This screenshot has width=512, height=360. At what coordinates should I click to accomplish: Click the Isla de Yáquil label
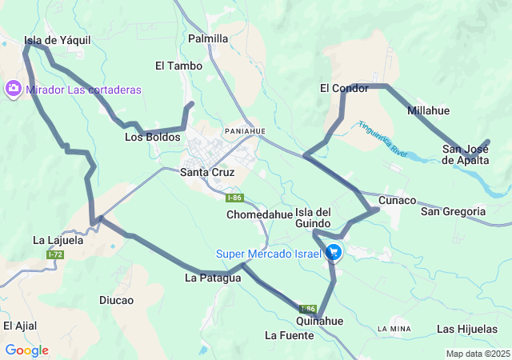[x=57, y=40]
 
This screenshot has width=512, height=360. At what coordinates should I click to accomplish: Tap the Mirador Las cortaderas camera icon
[x=14, y=89]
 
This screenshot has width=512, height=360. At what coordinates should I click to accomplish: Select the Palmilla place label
[x=208, y=38]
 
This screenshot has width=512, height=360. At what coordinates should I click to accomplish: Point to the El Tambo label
[x=178, y=66]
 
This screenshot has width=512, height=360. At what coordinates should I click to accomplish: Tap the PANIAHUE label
[x=245, y=130]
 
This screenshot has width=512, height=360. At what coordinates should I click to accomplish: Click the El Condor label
[x=344, y=88]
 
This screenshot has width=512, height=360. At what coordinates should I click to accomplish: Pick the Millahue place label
[x=428, y=110]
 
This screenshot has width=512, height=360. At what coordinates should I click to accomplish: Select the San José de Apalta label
[x=466, y=154]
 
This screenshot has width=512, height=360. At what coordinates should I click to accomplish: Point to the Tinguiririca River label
[x=384, y=138]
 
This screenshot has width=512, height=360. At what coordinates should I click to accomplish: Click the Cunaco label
[x=398, y=200]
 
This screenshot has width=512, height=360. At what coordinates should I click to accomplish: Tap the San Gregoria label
[x=453, y=211]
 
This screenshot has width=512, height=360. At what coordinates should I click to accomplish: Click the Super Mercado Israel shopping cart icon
[x=334, y=253]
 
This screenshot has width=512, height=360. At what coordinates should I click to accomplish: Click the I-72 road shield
[x=55, y=254]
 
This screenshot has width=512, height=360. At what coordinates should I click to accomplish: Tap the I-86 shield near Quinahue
[x=308, y=309]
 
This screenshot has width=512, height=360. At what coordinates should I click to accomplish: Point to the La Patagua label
[x=213, y=278]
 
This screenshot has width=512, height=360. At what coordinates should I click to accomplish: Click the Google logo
[x=26, y=350]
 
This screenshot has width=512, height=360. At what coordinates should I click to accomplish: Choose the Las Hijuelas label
[x=468, y=329]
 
